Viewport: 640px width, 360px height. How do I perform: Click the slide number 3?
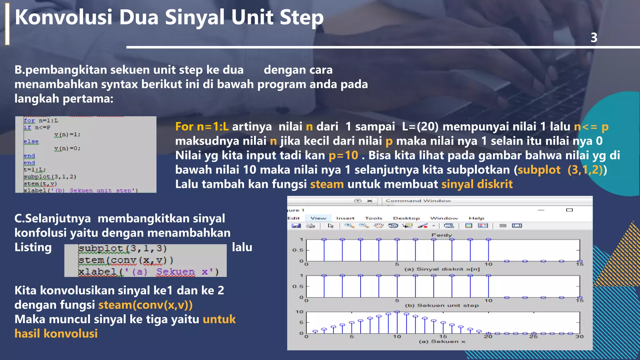click(x=594, y=38)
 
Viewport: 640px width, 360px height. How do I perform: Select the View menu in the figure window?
click(x=318, y=218)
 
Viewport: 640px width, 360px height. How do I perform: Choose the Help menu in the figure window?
click(x=476, y=218)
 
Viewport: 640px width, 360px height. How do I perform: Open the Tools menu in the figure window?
click(x=373, y=218)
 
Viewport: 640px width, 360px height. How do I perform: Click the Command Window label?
click(x=418, y=201)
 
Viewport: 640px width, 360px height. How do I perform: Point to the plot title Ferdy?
click(x=442, y=235)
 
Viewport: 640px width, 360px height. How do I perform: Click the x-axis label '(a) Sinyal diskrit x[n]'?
click(x=442, y=269)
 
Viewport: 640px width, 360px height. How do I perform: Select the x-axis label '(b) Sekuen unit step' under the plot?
click(x=442, y=305)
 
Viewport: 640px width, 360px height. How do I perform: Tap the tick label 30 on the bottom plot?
click(x=579, y=337)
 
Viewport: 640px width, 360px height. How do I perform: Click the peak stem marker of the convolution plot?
click(x=397, y=312)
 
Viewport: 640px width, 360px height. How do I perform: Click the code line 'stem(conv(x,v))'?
click(x=126, y=260)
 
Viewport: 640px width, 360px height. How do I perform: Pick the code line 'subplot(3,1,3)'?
click(x=122, y=248)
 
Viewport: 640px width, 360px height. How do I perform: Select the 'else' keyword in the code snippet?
click(x=31, y=142)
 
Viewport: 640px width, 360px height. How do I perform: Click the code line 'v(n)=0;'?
click(x=67, y=148)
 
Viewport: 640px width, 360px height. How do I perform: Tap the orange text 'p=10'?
click(x=343, y=155)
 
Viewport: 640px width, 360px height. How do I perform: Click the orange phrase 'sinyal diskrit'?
click(x=477, y=184)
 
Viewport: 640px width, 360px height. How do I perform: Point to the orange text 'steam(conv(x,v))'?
click(x=145, y=305)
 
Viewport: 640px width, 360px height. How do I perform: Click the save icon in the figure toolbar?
click(x=296, y=226)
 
